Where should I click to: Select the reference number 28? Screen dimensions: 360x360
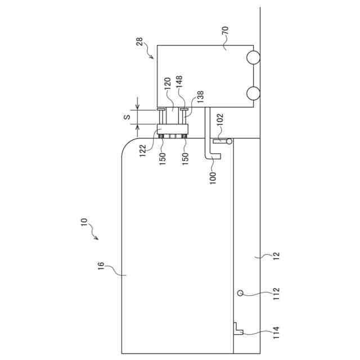[x=140, y=42]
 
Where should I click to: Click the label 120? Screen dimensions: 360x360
[x=167, y=85]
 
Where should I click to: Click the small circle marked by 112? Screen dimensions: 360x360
[x=240, y=292]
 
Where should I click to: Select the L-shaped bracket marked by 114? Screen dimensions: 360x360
[x=238, y=328]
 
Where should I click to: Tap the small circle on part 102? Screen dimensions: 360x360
[x=229, y=141]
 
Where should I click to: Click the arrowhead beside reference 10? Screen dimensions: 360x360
[x=97, y=239]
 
